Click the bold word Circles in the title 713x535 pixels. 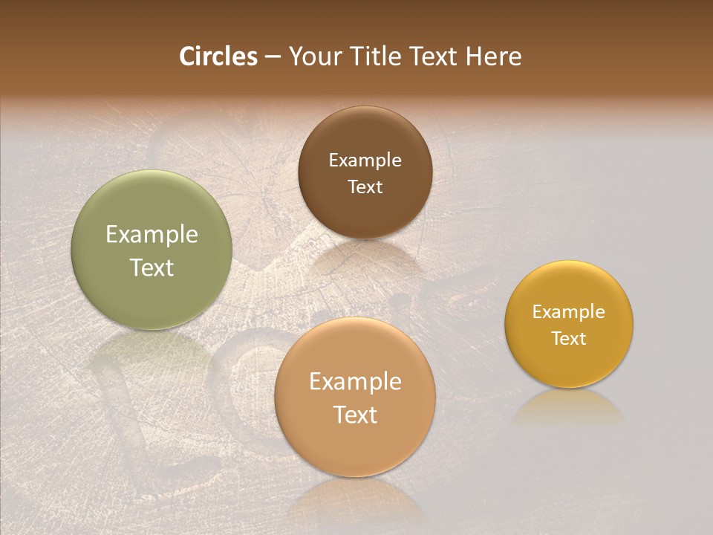[x=218, y=56]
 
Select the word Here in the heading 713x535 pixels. [x=492, y=56]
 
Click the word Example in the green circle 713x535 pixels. [x=152, y=235]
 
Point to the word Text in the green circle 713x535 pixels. [x=152, y=267]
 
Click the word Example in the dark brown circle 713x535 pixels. [x=365, y=160]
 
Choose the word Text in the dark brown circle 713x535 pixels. [x=365, y=187]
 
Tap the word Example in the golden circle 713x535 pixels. [x=569, y=312]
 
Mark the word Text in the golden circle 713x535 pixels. [x=569, y=339]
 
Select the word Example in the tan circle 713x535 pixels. [x=355, y=382]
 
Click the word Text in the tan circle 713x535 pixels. [x=355, y=415]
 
